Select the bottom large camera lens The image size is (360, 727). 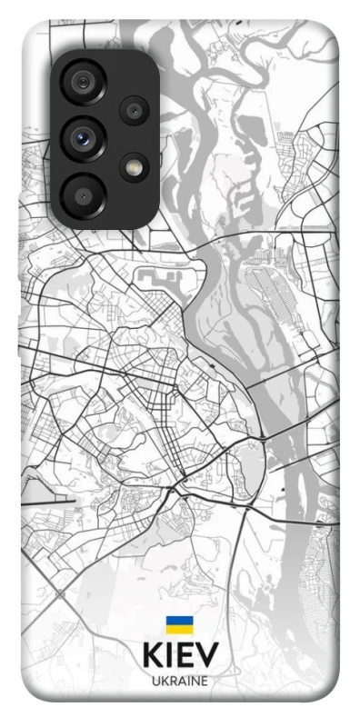coord(85,193)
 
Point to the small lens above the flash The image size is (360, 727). coord(134,111)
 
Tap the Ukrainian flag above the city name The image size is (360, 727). coord(179,626)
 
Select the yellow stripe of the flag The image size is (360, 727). coord(179,630)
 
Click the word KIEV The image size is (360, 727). coord(179,656)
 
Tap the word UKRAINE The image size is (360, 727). coord(179,681)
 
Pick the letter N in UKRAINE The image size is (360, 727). coord(194,681)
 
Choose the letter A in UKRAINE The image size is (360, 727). coord(180,681)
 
